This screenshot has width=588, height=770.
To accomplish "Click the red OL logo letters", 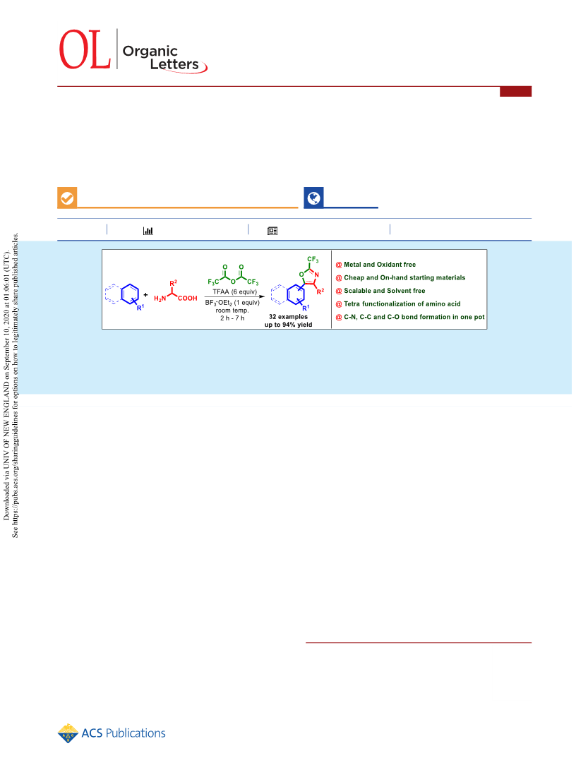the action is [85, 49].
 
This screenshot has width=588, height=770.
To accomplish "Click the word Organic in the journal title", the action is [150, 52].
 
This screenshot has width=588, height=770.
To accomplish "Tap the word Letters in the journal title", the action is [174, 64].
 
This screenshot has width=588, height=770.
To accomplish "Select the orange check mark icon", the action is [67, 198].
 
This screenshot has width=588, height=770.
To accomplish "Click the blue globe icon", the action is [313, 198].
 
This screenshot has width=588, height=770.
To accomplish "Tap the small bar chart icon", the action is [148, 231].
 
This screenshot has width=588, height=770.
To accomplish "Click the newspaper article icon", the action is [272, 231].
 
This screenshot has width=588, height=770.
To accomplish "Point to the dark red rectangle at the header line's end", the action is [515, 91].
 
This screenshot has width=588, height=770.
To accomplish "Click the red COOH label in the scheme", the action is [187, 298].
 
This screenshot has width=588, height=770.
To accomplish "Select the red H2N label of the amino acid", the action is [160, 299].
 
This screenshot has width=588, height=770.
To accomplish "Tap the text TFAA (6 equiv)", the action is [235, 291].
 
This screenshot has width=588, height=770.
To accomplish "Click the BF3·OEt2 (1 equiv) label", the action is [232, 303].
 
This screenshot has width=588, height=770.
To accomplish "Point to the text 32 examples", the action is [288, 317].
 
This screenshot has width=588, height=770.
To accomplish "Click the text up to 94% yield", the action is [288, 325].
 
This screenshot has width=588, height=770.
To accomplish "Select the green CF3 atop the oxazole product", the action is [313, 259].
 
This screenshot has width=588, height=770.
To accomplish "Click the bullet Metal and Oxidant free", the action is [376, 265].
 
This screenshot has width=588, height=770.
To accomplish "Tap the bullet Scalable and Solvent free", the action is [380, 291].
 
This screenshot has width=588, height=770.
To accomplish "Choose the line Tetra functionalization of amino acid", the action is [398, 304].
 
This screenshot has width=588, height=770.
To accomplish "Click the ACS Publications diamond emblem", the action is [68, 733].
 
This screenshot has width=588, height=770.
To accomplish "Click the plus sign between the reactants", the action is [146, 294].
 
